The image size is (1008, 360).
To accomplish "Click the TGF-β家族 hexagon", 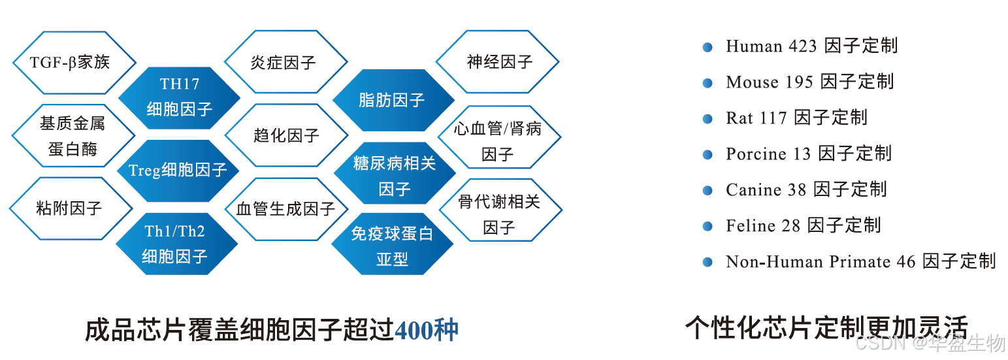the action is pyautogui.click(x=74, y=63).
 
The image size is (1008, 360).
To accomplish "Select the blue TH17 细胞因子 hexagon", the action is pyautogui.click(x=179, y=97).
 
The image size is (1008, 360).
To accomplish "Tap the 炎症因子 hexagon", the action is pyautogui.click(x=285, y=63).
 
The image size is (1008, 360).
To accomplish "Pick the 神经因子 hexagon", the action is pyautogui.click(x=498, y=62).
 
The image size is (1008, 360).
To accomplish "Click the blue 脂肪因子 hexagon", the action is pyautogui.click(x=393, y=100).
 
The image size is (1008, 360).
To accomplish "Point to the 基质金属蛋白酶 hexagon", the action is pyautogui.click(x=73, y=136).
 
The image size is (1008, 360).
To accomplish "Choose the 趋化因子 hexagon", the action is pyautogui.click(x=285, y=136).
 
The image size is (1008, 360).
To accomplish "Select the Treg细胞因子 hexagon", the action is pyautogui.click(x=178, y=171).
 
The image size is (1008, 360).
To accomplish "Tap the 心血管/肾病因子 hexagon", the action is pyautogui.click(x=498, y=141).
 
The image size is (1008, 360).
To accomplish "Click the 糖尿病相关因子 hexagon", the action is pyautogui.click(x=394, y=176).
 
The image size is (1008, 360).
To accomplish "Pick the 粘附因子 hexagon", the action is pyautogui.click(x=70, y=209).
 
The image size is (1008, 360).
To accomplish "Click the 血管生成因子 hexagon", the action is pyautogui.click(x=285, y=209).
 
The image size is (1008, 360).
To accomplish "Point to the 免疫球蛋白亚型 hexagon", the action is pyautogui.click(x=392, y=246).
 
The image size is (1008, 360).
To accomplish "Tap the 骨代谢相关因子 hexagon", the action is pyautogui.click(x=500, y=214).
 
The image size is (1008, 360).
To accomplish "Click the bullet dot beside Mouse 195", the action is pyautogui.click(x=707, y=83).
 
